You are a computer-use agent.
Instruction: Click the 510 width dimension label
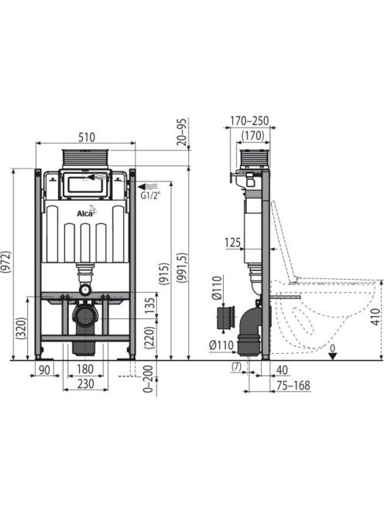[86, 137]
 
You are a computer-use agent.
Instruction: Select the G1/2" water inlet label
[149, 196]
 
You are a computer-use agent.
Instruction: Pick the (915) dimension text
[164, 273]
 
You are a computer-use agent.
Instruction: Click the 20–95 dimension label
[183, 132]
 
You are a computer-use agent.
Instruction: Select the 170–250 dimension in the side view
[249, 121]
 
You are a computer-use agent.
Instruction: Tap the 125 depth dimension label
[232, 243]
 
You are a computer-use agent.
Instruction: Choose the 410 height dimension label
[376, 317]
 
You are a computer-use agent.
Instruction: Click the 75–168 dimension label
[293, 386]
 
